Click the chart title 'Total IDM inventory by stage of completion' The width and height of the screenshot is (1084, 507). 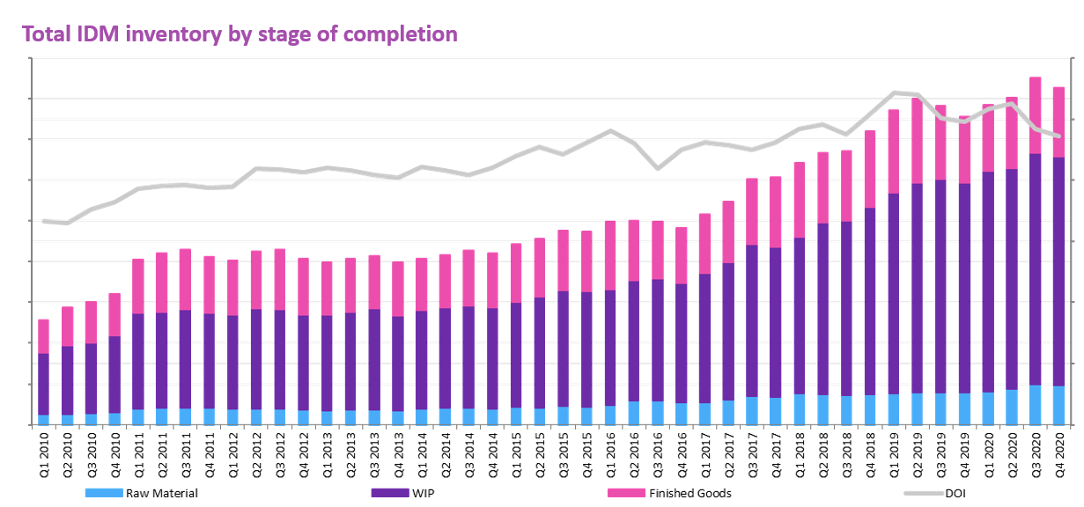pyautogui.click(x=240, y=34)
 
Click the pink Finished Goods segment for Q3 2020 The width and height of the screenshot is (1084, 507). pyautogui.click(x=1036, y=115)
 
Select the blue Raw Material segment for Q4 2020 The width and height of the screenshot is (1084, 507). pyautogui.click(x=1058, y=406)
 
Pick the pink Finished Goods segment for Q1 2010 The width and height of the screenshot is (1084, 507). pyautogui.click(x=44, y=336)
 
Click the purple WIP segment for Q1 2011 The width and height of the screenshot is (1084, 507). pyautogui.click(x=138, y=361)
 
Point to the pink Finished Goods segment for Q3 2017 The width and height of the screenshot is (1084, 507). pyautogui.click(x=752, y=211)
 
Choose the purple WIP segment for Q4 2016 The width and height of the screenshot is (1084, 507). pyautogui.click(x=681, y=343)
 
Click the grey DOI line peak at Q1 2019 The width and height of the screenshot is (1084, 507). pyautogui.click(x=894, y=92)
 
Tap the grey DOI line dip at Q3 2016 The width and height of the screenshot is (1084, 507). pyautogui.click(x=658, y=167)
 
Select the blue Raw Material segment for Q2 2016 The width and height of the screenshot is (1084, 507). pyautogui.click(x=634, y=413)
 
